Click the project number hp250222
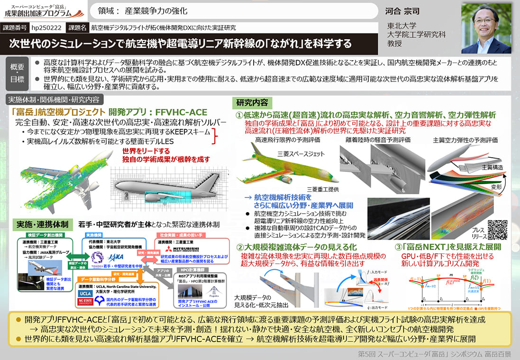[47, 28]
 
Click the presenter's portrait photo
[487, 28]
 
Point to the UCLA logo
[86, 294]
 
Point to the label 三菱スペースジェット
[301, 154]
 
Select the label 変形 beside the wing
[496, 187]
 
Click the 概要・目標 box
[17, 74]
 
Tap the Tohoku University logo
[97, 257]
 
